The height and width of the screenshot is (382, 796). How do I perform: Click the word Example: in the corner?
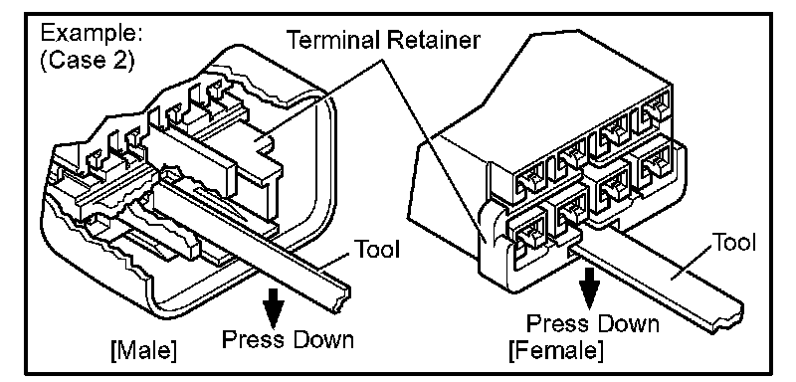point(91,34)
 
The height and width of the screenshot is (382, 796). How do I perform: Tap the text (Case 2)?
point(88,62)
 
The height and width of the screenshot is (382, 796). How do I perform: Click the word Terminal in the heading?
point(335,40)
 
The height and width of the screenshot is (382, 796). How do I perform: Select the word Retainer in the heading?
point(433,40)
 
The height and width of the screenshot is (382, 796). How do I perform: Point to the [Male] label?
point(144,351)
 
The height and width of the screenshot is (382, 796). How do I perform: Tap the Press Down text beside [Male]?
point(288,338)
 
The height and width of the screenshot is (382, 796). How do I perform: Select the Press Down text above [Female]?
point(592,323)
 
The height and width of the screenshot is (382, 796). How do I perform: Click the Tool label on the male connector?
point(376,249)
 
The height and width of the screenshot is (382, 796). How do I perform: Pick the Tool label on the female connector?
point(734,243)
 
